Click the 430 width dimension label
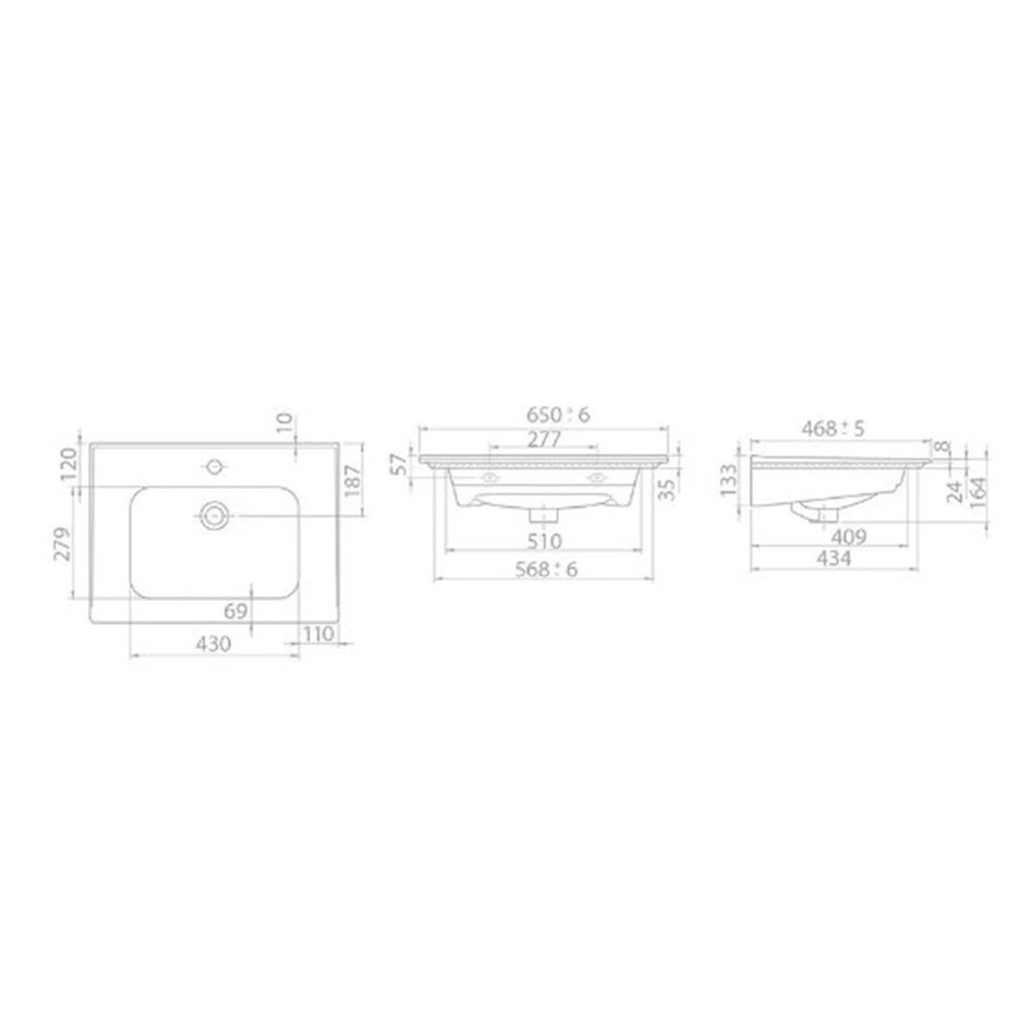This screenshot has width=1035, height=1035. [x=213, y=644]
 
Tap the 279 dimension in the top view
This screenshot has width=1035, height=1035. [x=63, y=543]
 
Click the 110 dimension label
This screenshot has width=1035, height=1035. [x=319, y=634]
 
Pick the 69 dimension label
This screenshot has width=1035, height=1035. [x=235, y=612]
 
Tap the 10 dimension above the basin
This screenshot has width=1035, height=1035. [x=285, y=422]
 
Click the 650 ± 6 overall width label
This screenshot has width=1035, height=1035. [x=558, y=415]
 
